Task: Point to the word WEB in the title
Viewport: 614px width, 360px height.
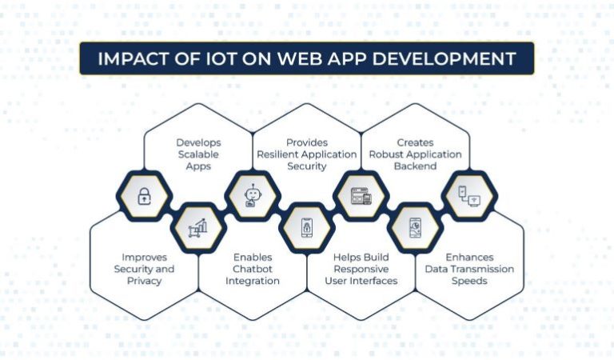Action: coord(305,59)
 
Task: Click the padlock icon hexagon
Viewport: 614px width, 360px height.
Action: coord(145,195)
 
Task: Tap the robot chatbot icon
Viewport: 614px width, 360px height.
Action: coord(252,195)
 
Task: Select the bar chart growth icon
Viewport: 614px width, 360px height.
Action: coord(198,228)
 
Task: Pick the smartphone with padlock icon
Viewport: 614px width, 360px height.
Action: coord(306,228)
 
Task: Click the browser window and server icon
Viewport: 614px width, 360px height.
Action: coord(361,195)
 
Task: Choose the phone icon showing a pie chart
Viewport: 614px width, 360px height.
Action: coord(415,228)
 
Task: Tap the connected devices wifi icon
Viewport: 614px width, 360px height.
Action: coord(469,195)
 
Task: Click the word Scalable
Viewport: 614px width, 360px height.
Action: coord(198,154)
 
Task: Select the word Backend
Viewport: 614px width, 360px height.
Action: coord(415,166)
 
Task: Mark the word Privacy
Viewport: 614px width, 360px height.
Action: coord(144,281)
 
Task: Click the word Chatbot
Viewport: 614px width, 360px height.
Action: coord(253,269)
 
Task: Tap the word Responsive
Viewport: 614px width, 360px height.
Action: coord(361,269)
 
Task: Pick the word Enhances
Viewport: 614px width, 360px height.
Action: coord(469,257)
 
